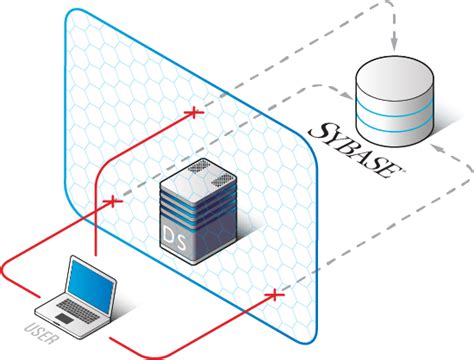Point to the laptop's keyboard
pos(76,309)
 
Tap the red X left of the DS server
pos(112,201)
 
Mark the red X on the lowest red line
pos(276,295)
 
